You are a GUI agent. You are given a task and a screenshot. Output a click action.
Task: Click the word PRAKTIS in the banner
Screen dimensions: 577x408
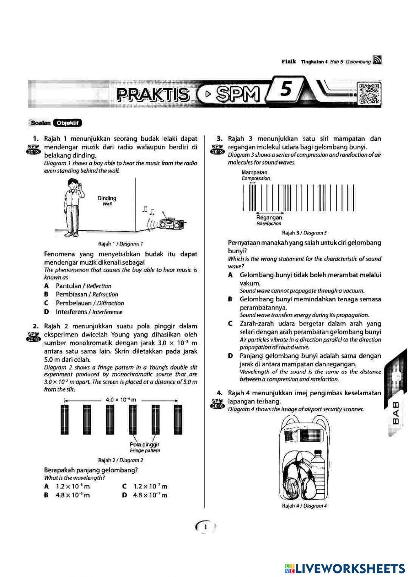[x=153, y=94]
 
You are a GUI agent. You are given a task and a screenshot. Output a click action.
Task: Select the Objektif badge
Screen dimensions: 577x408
[x=67, y=123]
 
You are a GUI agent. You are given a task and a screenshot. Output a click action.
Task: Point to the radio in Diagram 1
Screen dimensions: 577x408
[x=169, y=223]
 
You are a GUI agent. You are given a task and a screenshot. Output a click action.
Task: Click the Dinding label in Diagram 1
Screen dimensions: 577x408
[x=107, y=198]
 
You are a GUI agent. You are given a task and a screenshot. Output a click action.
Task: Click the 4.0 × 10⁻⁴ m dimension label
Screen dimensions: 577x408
[x=121, y=399]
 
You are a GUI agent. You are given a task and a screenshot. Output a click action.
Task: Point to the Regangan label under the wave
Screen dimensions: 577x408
[x=269, y=218]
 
